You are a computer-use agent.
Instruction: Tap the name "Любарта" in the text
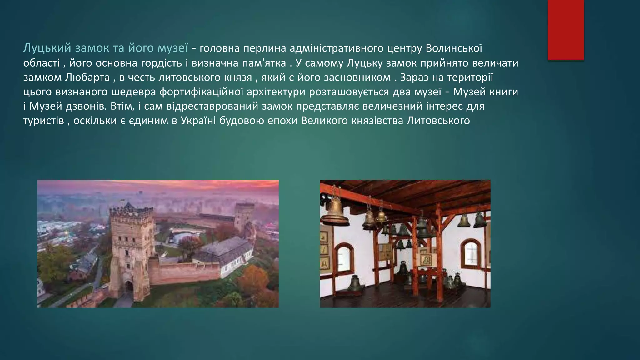point(87,77)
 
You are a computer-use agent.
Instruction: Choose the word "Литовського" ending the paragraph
point(438,121)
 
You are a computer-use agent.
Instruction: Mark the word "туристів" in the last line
point(43,121)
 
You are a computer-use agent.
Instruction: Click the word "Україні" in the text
point(198,121)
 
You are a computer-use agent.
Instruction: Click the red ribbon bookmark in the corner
point(566,30)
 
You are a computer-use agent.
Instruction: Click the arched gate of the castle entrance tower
point(129,286)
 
